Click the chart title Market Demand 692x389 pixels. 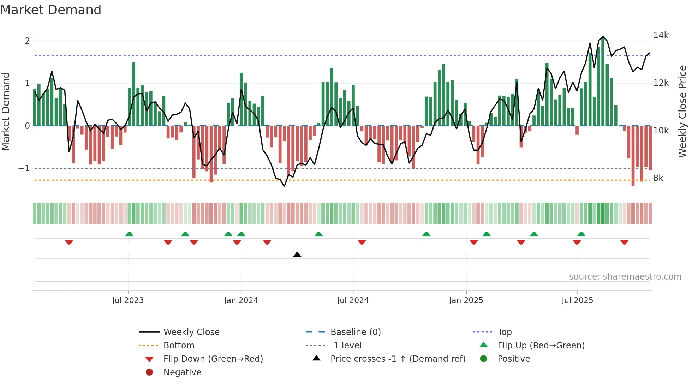51,10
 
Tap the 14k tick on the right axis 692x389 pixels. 661,35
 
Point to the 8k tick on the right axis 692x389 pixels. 658,178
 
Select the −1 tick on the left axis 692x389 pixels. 24,168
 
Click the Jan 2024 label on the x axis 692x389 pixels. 241,300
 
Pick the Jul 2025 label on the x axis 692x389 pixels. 577,300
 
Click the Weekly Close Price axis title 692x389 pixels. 682,111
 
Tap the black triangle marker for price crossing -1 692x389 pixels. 297,255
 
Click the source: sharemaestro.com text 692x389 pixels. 625,277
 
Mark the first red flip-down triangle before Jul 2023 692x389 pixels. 69,242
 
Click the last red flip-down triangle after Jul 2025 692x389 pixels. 624,242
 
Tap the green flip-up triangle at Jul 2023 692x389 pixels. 129,234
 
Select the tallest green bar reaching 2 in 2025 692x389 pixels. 603,81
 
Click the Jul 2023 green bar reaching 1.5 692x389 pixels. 134,94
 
